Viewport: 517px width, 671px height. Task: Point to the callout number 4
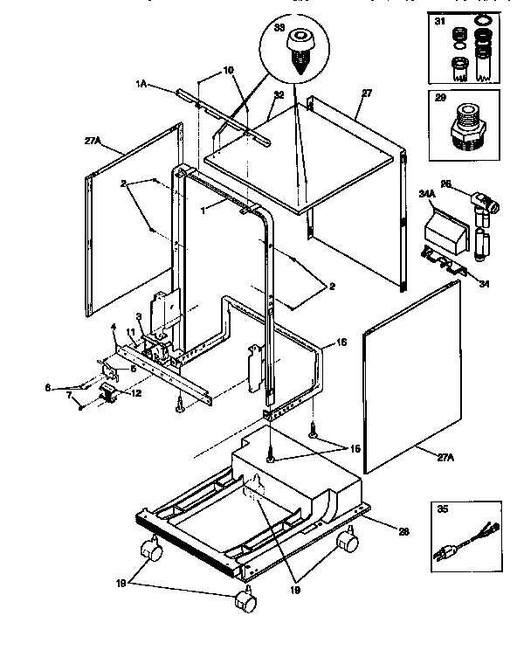tap(113, 327)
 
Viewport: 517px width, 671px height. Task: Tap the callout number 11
tap(130, 333)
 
